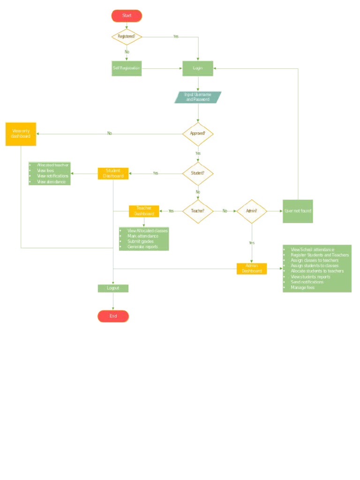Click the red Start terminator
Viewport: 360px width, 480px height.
tap(127, 15)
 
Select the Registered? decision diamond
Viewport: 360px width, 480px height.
tap(127, 37)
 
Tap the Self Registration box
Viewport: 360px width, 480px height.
tap(127, 68)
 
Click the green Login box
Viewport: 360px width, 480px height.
tap(198, 68)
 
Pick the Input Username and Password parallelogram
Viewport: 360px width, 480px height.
tap(198, 97)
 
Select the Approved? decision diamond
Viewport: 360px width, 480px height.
tap(198, 134)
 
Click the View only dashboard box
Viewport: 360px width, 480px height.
tap(21, 134)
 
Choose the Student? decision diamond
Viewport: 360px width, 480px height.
tap(198, 173)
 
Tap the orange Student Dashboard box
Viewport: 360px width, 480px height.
tap(113, 173)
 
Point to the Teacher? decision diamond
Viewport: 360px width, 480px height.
tap(198, 211)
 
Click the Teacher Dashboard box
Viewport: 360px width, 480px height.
tap(144, 211)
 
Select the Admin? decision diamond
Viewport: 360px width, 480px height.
tap(252, 211)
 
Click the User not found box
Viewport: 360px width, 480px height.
tap(298, 211)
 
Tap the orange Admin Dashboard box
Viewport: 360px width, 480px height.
tap(252, 269)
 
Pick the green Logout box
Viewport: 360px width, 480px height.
tap(113, 288)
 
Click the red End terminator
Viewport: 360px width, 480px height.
tap(113, 316)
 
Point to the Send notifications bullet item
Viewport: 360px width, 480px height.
tap(307, 282)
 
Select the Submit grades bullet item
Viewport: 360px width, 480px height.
tap(140, 241)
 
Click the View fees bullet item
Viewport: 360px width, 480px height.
tap(45, 171)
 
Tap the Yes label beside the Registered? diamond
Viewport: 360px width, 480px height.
tap(176, 37)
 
